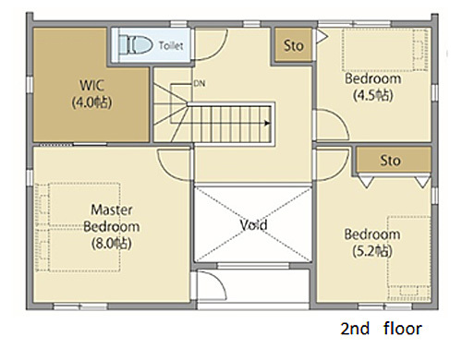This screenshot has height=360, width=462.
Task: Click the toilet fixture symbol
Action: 136,45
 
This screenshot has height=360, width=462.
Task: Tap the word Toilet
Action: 171,46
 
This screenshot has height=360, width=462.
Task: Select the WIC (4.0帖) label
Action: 91,94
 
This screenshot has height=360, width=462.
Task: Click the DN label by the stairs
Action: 200,83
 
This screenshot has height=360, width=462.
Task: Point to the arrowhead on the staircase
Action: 267,123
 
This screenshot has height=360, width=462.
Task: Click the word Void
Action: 253,225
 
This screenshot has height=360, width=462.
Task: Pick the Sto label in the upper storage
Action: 294,46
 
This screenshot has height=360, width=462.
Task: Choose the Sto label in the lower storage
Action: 390,161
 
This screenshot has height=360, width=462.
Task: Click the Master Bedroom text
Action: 112,218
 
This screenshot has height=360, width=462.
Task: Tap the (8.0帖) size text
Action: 112,244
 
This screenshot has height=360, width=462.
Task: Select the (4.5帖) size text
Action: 373,95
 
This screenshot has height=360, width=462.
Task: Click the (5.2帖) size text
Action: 372,251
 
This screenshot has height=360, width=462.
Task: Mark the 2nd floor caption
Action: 381,329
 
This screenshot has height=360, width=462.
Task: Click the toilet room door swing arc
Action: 219,50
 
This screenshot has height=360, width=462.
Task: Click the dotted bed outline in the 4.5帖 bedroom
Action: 385,50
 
